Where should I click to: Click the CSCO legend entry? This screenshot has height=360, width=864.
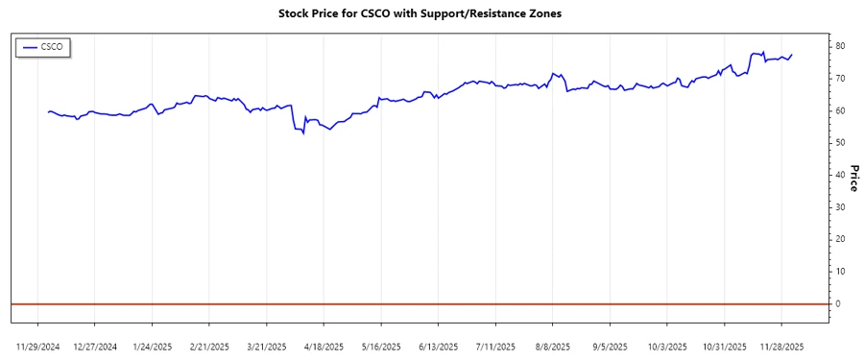(44, 47)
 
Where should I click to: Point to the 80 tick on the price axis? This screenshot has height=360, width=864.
(839, 46)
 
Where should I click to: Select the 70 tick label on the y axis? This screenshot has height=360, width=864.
(839, 78)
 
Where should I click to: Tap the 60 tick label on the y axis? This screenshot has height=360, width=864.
(839, 110)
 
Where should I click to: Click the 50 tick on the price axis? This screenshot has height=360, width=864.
(839, 142)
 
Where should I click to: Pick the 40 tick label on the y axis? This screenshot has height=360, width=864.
(839, 175)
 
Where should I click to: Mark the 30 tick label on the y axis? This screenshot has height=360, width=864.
(839, 206)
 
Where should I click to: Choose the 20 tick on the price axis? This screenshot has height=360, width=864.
(839, 239)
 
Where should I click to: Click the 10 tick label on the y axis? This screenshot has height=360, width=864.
(839, 271)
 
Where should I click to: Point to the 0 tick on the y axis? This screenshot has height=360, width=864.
(837, 303)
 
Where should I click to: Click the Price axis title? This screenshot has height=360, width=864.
(853, 179)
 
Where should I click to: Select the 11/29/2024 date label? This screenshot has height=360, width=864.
(38, 346)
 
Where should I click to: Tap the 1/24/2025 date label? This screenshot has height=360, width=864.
(152, 346)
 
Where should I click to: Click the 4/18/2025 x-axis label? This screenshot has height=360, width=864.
(324, 346)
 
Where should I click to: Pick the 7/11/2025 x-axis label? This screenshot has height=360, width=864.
(496, 346)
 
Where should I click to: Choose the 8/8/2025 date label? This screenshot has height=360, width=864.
(553, 346)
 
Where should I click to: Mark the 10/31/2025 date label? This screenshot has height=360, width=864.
(725, 346)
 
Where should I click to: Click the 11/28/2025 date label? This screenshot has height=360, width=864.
(782, 346)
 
